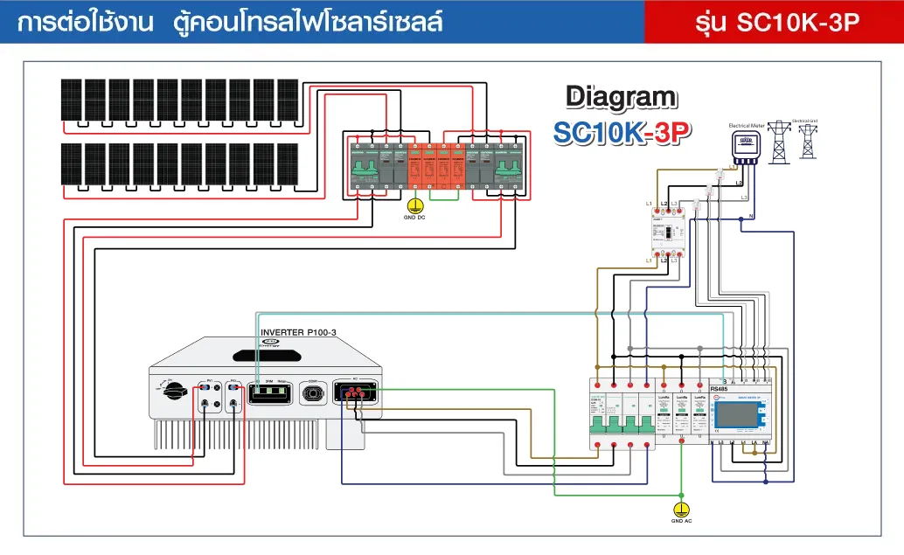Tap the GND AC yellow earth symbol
(681, 507)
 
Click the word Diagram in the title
(620, 97)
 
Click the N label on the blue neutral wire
(751, 215)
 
